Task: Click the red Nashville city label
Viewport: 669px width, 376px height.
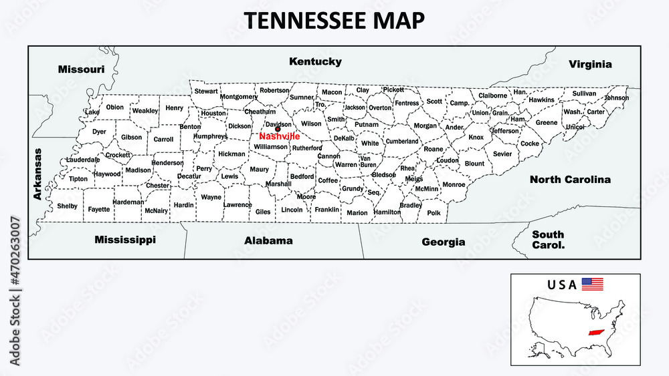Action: click(x=279, y=136)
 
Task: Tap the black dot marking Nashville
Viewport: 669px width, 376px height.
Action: click(x=278, y=130)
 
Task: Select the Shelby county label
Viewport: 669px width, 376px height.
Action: click(x=67, y=206)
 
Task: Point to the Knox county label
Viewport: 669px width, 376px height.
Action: click(x=476, y=138)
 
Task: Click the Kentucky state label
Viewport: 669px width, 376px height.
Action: click(x=315, y=61)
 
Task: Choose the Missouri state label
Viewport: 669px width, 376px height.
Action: click(x=81, y=69)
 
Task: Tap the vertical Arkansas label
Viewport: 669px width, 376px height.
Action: click(x=37, y=174)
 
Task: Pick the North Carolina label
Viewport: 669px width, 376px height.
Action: click(x=570, y=180)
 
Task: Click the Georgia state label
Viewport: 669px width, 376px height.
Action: click(x=443, y=242)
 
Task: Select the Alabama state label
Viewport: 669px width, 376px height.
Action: click(x=268, y=240)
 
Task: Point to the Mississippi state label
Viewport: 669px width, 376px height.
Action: click(x=125, y=239)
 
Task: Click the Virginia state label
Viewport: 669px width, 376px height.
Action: click(x=590, y=65)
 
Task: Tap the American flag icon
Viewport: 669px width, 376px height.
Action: click(x=592, y=284)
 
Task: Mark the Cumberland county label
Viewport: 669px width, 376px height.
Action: click(x=401, y=142)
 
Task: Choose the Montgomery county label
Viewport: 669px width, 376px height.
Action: click(x=239, y=97)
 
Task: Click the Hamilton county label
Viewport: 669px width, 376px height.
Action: click(x=387, y=212)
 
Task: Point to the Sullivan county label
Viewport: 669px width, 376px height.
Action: click(x=583, y=93)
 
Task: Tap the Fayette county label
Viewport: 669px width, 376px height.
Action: click(x=99, y=210)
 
